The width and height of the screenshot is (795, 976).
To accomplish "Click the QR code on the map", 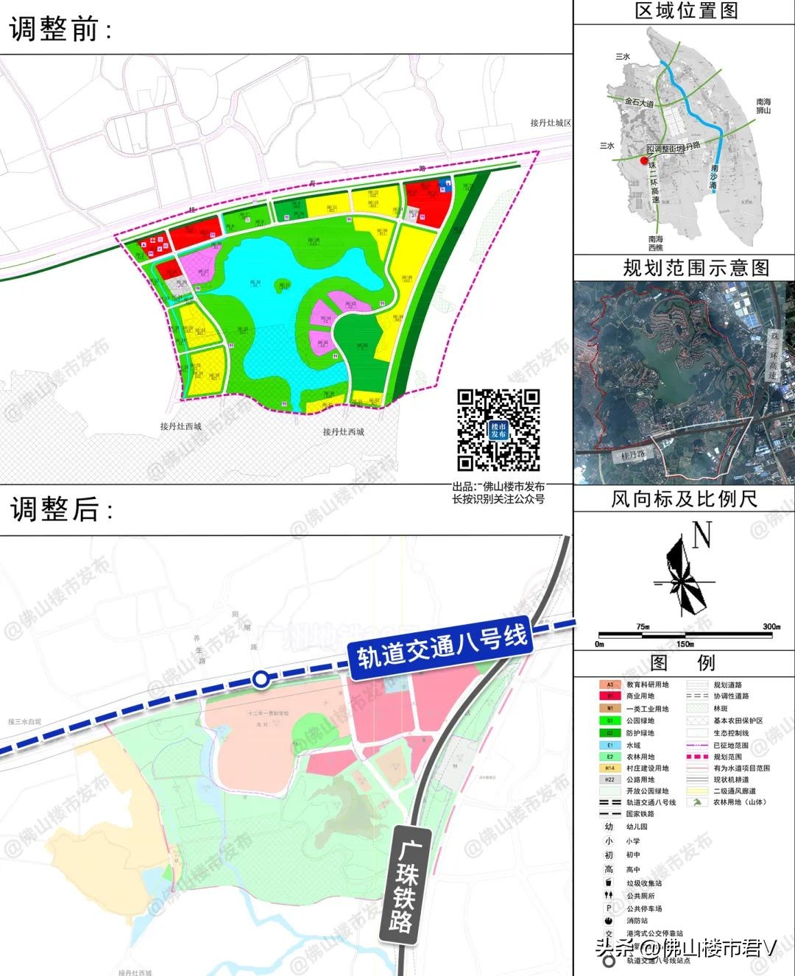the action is click(x=498, y=430).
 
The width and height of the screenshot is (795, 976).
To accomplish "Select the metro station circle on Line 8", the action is click(x=260, y=679).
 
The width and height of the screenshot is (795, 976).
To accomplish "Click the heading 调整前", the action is click(x=60, y=29).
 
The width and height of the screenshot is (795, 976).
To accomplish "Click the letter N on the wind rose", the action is click(x=702, y=536).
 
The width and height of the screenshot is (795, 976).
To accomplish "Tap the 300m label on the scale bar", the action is click(x=771, y=627).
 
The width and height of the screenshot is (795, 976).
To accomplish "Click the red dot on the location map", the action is click(x=643, y=160).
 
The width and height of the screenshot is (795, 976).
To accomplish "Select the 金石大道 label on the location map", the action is click(x=638, y=102).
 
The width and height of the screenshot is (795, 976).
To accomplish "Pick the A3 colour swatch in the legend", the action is click(x=610, y=685).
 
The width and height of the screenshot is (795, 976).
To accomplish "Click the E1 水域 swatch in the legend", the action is click(x=610, y=745).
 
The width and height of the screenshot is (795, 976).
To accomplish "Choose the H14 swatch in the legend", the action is click(x=610, y=768).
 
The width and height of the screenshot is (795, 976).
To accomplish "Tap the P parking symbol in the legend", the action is click(x=609, y=908).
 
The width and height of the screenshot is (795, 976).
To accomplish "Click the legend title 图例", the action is click(x=682, y=663).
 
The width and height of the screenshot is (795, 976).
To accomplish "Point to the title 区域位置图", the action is click(x=685, y=11).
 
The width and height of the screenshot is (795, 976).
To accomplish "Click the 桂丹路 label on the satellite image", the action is click(x=632, y=456).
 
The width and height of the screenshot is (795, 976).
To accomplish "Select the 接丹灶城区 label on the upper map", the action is click(x=550, y=123).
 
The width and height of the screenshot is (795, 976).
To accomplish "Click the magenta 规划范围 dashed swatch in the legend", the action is click(x=697, y=757).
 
